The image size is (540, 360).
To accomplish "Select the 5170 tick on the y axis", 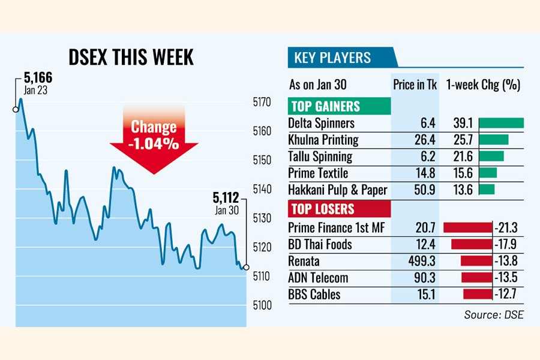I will pos(263,103).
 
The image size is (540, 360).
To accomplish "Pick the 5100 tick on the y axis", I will pos(263,305).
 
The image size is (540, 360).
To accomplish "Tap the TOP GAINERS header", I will pos(326,107).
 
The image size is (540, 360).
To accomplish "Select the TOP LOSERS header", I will pos(322,209).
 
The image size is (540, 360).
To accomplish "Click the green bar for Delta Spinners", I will pos(502,123).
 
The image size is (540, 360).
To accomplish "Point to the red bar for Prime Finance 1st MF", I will pos(467,227).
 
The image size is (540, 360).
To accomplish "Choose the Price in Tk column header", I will pos(415,85).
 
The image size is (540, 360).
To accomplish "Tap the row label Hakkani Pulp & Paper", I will pos(337,190).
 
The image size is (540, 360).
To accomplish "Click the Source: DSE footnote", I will pos(493,314).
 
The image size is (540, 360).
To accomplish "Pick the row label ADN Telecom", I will pos(318,278).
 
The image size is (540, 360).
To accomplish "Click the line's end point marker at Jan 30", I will pos(246,267).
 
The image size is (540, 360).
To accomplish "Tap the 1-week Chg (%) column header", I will pos(483,85).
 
